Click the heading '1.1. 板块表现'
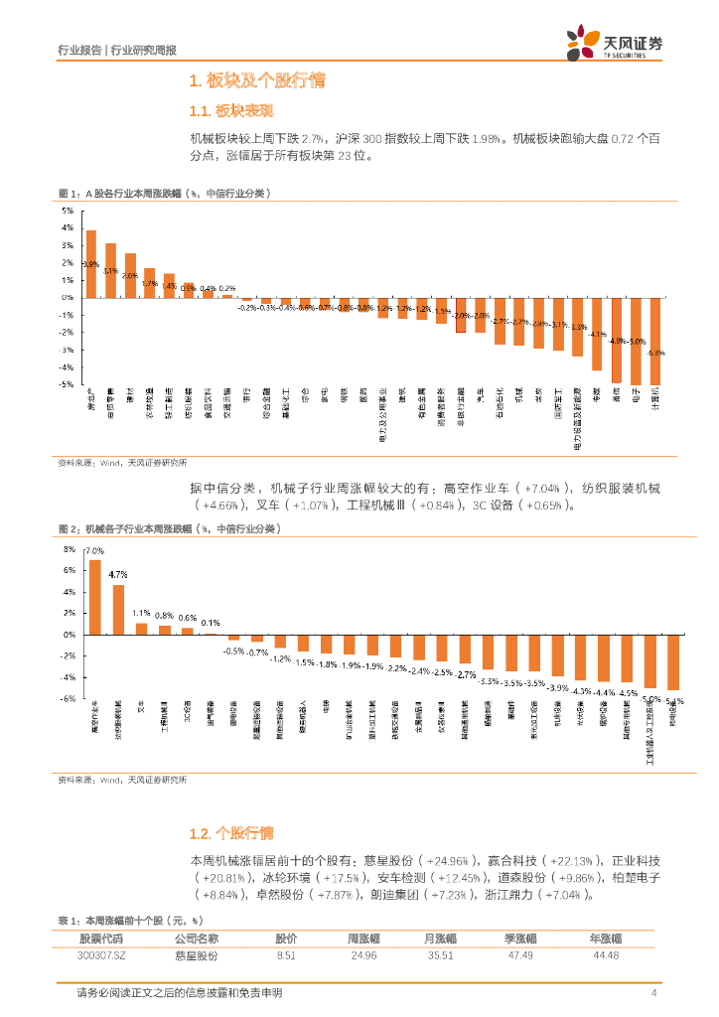click(x=230, y=110)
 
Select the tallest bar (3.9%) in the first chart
click(x=91, y=263)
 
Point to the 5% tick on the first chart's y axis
click(x=69, y=211)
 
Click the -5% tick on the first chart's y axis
click(x=67, y=383)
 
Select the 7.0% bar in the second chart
click(x=95, y=596)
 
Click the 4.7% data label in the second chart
click(x=118, y=575)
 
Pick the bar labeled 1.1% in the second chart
click(x=141, y=628)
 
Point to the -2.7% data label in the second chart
click(x=465, y=674)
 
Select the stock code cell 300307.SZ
click(x=107, y=955)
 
